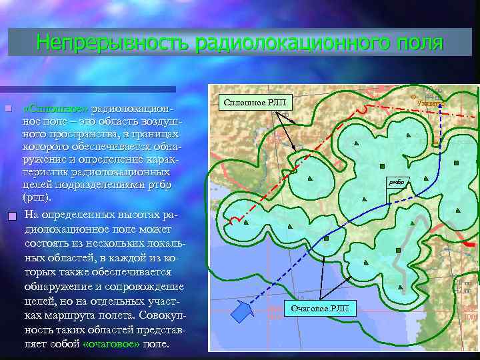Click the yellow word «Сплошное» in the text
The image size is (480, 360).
click(x=55, y=108)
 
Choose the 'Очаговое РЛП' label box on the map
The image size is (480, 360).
click(x=321, y=308)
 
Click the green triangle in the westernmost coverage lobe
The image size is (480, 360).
click(x=246, y=222)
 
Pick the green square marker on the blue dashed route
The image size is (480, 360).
click(x=399, y=249)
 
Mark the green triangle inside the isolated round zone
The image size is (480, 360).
click(x=311, y=179)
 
